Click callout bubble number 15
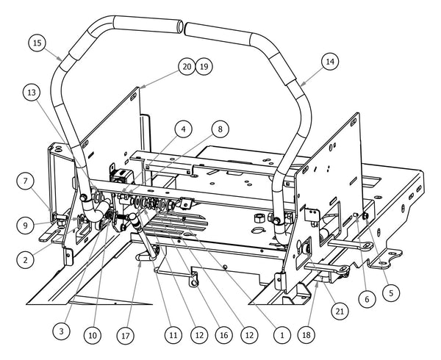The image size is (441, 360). pos(37,43)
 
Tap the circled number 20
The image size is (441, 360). pos(186,67)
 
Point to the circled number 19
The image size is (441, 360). pos(204,67)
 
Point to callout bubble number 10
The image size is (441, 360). pos(92,335)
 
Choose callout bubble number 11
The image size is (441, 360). pos(172,334)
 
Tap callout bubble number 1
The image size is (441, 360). pos(280,334)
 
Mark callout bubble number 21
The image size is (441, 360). pos(340,311)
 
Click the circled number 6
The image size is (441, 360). pos(366,300)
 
